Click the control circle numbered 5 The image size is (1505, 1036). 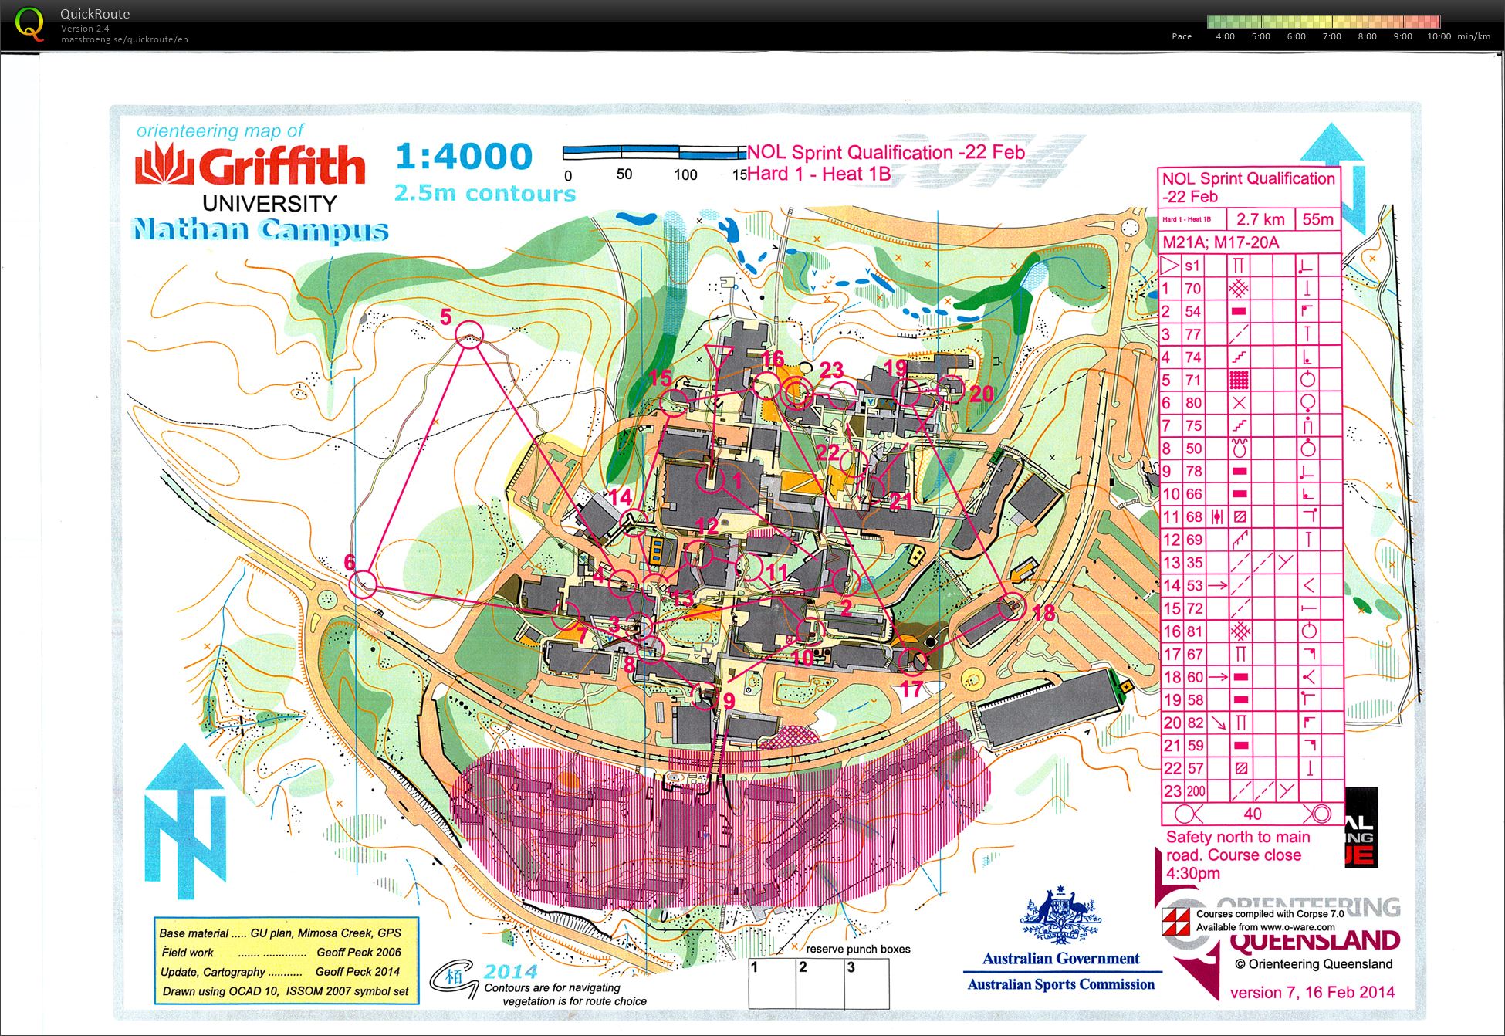tap(469, 335)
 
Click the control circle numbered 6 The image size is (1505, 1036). tap(363, 584)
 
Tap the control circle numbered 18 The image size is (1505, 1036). tap(1012, 607)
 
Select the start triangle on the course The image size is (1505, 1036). tap(718, 357)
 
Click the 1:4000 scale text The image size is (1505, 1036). tap(464, 157)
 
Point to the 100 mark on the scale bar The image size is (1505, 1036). tap(685, 174)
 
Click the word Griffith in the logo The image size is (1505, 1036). tap(281, 166)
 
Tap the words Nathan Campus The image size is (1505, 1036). tap(260, 230)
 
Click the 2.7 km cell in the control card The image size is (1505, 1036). tap(1260, 219)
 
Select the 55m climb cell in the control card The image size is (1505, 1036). tap(1317, 219)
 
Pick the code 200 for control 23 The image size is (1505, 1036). tap(1196, 791)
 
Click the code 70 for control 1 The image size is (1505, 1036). tap(1193, 289)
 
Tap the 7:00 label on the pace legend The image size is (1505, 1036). tap(1331, 36)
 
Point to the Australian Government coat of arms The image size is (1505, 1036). tap(1060, 918)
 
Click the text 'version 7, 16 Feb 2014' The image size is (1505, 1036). tap(1311, 993)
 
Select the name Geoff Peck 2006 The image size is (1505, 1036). tap(359, 953)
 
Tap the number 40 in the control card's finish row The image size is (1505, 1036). tap(1252, 814)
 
